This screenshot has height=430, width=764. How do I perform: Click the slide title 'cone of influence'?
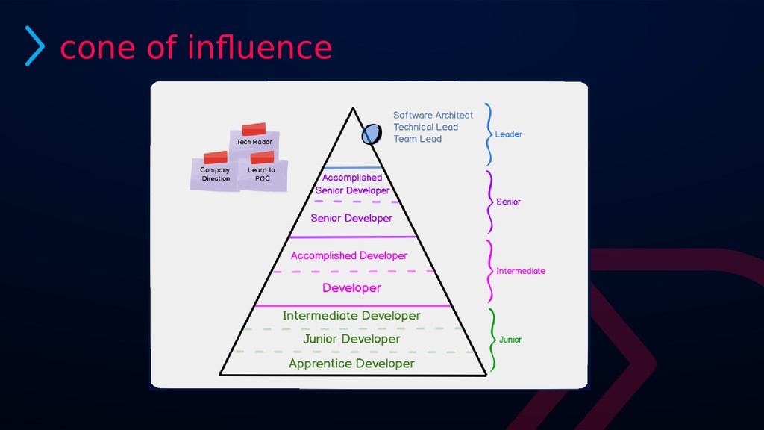coord(195,48)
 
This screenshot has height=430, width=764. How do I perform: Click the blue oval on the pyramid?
coord(370,134)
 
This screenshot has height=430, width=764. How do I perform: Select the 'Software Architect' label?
coord(433,115)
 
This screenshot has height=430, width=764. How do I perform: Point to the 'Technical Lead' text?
coord(425,127)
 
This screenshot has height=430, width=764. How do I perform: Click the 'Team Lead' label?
coord(417,139)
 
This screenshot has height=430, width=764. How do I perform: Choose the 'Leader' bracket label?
coord(508,134)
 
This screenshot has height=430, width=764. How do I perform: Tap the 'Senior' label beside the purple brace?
coord(508,202)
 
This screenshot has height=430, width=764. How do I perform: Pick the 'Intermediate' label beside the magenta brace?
coord(520,271)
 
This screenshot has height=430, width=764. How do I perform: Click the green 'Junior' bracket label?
coord(510,340)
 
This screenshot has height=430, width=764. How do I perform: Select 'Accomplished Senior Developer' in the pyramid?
coord(352,184)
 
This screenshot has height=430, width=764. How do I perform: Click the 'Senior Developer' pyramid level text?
coord(351,218)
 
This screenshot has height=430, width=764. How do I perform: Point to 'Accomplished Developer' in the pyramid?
coord(348,255)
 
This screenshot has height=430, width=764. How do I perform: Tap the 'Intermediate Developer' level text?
coord(351,316)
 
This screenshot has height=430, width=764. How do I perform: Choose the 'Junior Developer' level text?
coord(351,339)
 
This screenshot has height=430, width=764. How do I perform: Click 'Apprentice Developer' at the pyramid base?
coord(351,364)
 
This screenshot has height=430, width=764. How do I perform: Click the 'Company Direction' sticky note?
coord(215,174)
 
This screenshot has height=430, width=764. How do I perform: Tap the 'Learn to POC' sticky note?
coord(261,174)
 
